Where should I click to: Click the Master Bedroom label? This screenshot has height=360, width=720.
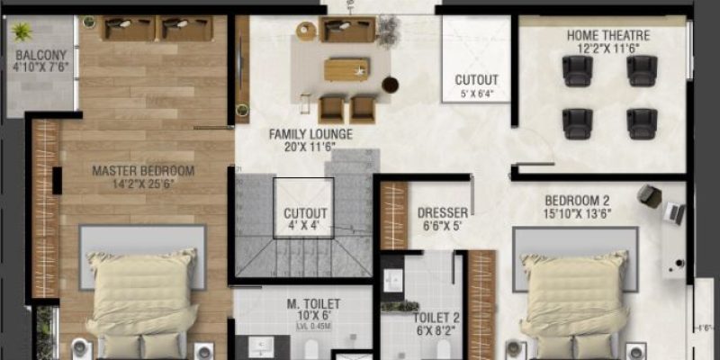143,170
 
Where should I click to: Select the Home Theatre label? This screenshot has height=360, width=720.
607,35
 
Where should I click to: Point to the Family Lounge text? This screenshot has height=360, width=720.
310,135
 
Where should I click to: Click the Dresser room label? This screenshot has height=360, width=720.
443,213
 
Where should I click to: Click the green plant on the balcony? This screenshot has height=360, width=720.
22,31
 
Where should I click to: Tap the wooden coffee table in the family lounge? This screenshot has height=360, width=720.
347,68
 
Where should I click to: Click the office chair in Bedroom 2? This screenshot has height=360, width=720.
649,194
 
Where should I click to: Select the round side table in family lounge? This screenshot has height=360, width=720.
390,85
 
